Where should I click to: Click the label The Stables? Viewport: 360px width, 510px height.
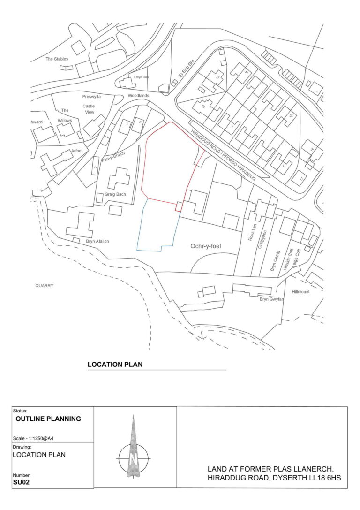tap(57, 59)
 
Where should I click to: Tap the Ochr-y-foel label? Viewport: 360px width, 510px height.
tap(209, 246)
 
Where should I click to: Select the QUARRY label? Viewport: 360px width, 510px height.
tap(45, 285)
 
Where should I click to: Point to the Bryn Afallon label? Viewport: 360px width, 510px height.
tap(97, 241)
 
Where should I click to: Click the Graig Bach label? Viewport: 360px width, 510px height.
tap(115, 194)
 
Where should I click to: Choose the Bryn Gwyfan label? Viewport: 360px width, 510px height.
tap(272, 299)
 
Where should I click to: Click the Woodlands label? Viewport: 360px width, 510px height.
tap(138, 96)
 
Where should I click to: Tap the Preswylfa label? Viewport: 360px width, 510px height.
tap(91, 96)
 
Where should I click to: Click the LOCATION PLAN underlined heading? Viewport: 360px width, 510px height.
tap(115, 364)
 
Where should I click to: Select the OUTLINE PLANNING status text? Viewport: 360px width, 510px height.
tap(48, 419)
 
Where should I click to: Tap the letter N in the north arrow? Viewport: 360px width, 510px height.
tap(134, 457)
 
